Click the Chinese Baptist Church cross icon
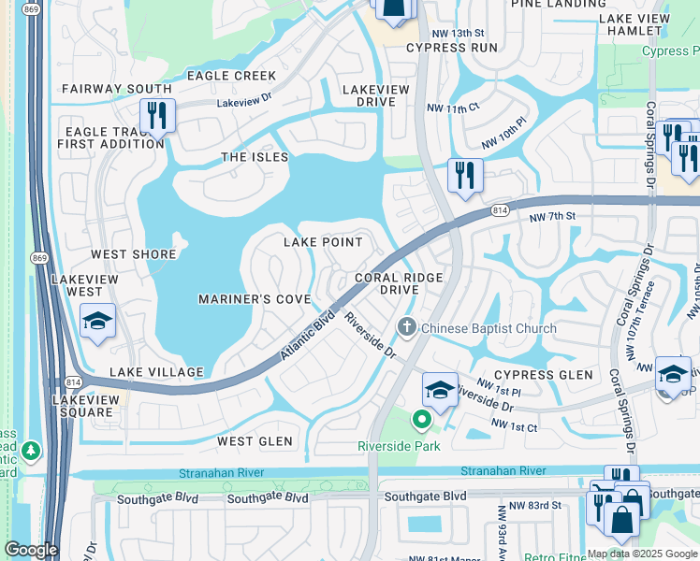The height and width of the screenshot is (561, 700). pyautogui.click(x=406, y=327)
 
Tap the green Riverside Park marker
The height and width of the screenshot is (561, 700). pyautogui.click(x=421, y=421)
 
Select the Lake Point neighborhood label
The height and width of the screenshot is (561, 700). pyautogui.click(x=323, y=242)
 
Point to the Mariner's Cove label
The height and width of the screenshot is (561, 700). pyautogui.click(x=254, y=299)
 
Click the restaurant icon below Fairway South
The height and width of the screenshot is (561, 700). pyautogui.click(x=156, y=116)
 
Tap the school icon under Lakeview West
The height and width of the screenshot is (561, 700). pyautogui.click(x=97, y=322)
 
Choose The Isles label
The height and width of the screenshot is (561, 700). pyautogui.click(x=255, y=157)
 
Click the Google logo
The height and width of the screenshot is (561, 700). pyautogui.click(x=30, y=550)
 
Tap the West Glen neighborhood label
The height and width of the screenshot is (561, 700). pyautogui.click(x=255, y=441)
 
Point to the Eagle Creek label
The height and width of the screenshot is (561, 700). pyautogui.click(x=232, y=76)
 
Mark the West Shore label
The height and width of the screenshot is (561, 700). pyautogui.click(x=133, y=254)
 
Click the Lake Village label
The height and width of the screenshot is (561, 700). pyautogui.click(x=156, y=372)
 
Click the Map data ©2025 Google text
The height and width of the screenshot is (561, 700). pyautogui.click(x=642, y=554)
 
